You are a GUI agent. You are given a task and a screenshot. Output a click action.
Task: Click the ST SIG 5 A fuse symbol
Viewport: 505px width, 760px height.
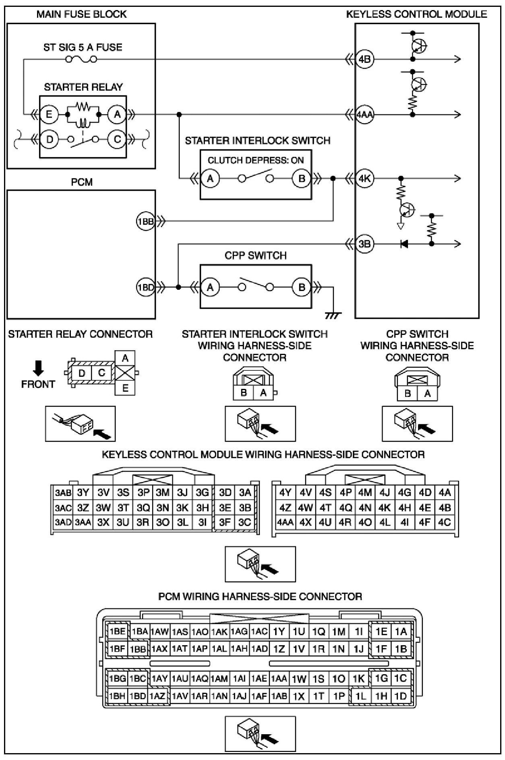pyautogui.click(x=81, y=60)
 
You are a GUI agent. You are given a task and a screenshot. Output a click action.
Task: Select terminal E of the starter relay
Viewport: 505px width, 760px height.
pyautogui.click(x=49, y=114)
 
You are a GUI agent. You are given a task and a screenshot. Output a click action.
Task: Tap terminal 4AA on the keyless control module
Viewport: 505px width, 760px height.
pyautogui.click(x=364, y=114)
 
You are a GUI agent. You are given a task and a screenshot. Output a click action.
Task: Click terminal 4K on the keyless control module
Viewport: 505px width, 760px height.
pyautogui.click(x=365, y=178)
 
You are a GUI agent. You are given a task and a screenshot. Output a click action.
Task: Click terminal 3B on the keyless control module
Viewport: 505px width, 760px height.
pyautogui.click(x=365, y=243)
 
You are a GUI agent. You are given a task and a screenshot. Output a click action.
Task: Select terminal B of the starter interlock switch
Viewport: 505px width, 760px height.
pyautogui.click(x=302, y=178)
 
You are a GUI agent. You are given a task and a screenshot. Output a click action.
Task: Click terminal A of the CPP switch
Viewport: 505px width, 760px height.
pyautogui.click(x=210, y=287)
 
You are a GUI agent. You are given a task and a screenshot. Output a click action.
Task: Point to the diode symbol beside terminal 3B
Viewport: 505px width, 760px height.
pyautogui.click(x=404, y=244)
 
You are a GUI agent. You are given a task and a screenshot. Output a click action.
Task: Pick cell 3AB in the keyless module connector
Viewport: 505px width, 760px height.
pyautogui.click(x=63, y=492)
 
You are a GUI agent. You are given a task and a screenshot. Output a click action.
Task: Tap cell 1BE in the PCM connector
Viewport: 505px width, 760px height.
pyautogui.click(x=118, y=631)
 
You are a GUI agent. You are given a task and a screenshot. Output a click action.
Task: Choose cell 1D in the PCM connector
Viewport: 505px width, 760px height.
pyautogui.click(x=400, y=696)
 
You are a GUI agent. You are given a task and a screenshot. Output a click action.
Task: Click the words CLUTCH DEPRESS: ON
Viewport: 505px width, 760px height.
pyautogui.click(x=256, y=160)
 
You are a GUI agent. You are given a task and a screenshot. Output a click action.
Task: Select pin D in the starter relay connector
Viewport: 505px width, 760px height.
pyautogui.click(x=82, y=373)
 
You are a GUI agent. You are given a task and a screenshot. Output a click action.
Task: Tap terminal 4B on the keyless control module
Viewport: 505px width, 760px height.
pyautogui.click(x=365, y=60)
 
